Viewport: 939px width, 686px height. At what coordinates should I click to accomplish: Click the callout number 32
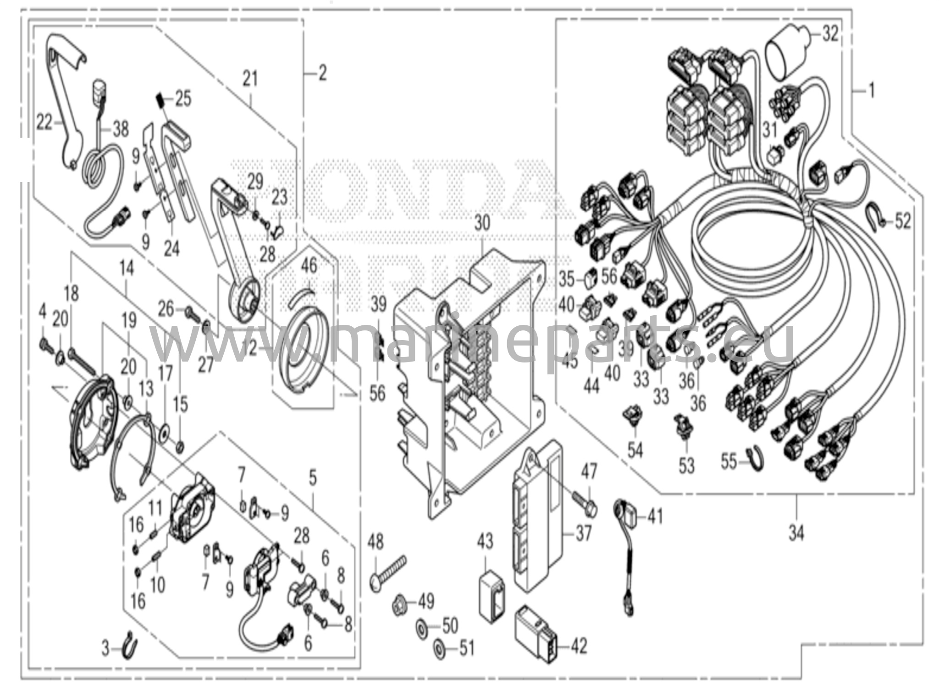(830, 34)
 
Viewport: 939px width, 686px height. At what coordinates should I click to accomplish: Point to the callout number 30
(482, 223)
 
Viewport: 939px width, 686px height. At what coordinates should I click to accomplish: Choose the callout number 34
(796, 534)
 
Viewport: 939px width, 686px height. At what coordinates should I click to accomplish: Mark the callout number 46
(309, 266)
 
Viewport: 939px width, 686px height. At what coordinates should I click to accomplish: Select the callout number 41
(655, 517)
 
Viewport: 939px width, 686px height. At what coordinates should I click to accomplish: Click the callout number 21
(250, 79)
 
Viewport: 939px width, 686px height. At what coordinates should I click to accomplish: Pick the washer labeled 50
(421, 626)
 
